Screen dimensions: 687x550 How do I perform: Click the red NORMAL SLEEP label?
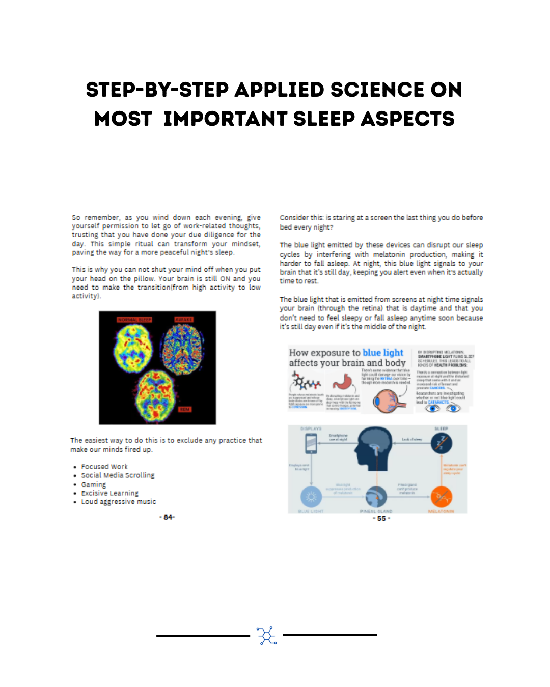tap(134, 320)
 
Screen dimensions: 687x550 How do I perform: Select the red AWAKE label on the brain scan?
tap(184, 320)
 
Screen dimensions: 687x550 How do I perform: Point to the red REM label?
tap(184, 409)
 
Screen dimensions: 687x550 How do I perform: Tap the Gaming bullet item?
tap(94, 484)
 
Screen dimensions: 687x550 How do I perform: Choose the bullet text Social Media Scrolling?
tap(118, 475)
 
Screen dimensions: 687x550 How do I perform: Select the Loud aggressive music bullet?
tap(119, 502)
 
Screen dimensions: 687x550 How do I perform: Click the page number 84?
tap(167, 517)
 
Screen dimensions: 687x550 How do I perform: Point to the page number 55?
tap(381, 518)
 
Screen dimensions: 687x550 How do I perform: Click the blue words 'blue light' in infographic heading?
tap(382, 353)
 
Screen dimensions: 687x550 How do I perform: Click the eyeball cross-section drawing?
tap(389, 401)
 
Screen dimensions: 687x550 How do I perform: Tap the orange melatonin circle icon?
tap(441, 496)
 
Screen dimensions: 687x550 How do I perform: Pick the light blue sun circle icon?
tap(311, 496)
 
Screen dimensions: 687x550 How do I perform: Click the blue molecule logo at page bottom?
tap(267, 636)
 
